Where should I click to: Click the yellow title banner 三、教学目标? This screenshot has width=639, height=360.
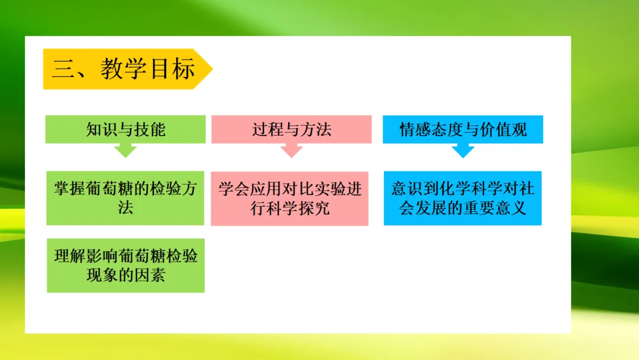pos(127,69)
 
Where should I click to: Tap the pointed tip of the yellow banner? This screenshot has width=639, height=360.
pos(212,69)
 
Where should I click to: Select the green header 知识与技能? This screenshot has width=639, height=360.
pos(125,129)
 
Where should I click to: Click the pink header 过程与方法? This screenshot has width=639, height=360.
pos(291,129)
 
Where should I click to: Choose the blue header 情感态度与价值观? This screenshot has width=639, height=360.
pos(463,129)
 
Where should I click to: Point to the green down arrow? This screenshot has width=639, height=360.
pos(125,150)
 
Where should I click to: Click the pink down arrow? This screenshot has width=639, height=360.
pos(291,150)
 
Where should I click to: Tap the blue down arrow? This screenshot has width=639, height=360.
pos(463,150)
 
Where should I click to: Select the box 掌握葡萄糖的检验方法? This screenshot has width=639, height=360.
pos(125,198)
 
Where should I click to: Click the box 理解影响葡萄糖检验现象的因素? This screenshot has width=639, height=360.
pos(125,265)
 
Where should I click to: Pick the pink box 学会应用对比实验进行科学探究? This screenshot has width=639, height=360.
pos(290,198)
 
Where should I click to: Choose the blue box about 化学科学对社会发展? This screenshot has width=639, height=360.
pos(463,198)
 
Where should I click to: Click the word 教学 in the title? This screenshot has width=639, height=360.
pos(124,68)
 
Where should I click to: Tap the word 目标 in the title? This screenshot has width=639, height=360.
pos(173,68)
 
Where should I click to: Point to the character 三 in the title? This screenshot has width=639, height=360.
pos(64,69)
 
